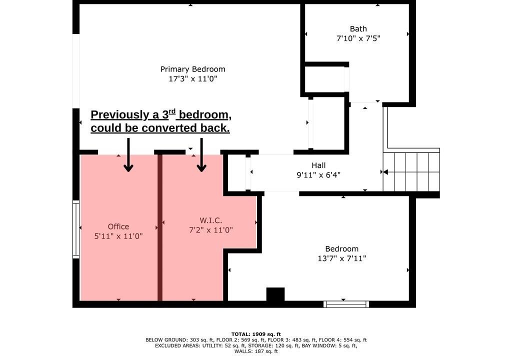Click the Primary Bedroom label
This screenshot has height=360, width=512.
[192, 69]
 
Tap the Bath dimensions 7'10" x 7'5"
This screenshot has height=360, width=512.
[358, 38]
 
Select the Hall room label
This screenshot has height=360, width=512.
[318, 165]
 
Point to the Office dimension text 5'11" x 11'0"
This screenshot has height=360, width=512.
[118, 236]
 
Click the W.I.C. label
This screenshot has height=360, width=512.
[211, 220]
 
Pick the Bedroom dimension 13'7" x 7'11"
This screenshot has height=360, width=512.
[342, 258]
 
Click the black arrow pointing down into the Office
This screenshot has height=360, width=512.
[128, 155]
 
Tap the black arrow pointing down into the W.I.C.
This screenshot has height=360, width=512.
[201, 155]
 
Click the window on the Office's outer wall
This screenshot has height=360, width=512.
[76, 229]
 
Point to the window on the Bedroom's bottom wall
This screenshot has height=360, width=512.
[346, 304]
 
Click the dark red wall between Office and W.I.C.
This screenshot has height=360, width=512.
[160, 227]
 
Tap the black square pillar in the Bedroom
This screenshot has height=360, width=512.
[275, 294]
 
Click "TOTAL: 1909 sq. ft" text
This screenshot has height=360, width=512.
[256, 334]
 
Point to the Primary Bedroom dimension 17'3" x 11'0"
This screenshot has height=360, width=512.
[192, 78]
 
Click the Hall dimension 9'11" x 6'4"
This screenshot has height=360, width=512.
[318, 175]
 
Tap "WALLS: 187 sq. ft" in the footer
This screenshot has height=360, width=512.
[256, 351]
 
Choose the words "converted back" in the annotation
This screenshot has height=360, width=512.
[185, 128]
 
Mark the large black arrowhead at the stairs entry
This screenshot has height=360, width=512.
[385, 172]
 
